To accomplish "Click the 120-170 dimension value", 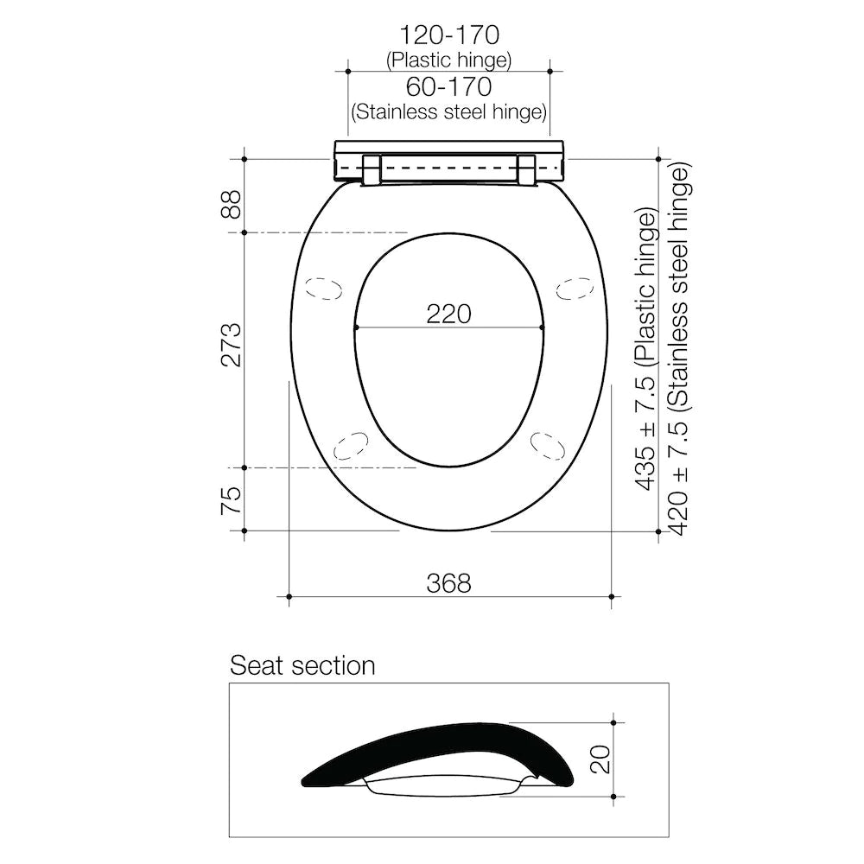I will (x=448, y=35).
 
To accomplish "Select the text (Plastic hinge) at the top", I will (x=448, y=60).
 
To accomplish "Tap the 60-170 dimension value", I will (x=448, y=86).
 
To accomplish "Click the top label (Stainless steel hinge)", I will (x=448, y=111).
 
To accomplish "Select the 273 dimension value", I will (x=231, y=345).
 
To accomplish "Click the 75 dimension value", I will (x=231, y=500).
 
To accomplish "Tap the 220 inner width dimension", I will (x=448, y=313).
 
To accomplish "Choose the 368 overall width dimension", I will (x=448, y=583).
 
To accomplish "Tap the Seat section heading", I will (x=302, y=665).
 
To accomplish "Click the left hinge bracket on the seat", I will (x=371, y=169).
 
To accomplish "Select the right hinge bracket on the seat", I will (x=526, y=169).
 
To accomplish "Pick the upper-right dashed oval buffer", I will (x=575, y=288).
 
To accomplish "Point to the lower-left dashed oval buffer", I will (x=351, y=445).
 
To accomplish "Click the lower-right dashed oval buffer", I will (x=548, y=444).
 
